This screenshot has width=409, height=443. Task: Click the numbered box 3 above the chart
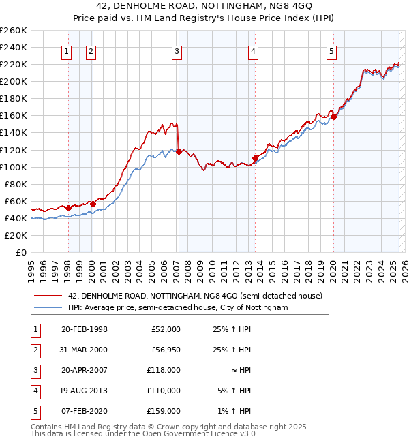[177, 51]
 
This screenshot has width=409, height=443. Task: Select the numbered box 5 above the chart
[331, 51]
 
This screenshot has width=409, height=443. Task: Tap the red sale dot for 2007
[179, 151]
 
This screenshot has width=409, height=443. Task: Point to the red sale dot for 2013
[255, 158]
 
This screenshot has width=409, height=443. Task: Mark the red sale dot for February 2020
[333, 117]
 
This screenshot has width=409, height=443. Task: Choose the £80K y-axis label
[15, 184]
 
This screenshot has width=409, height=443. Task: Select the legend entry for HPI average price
[178, 308]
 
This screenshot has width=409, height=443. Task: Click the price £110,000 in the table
[166, 391]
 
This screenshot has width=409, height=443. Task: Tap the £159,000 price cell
[166, 411]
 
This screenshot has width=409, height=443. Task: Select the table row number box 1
[35, 329]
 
